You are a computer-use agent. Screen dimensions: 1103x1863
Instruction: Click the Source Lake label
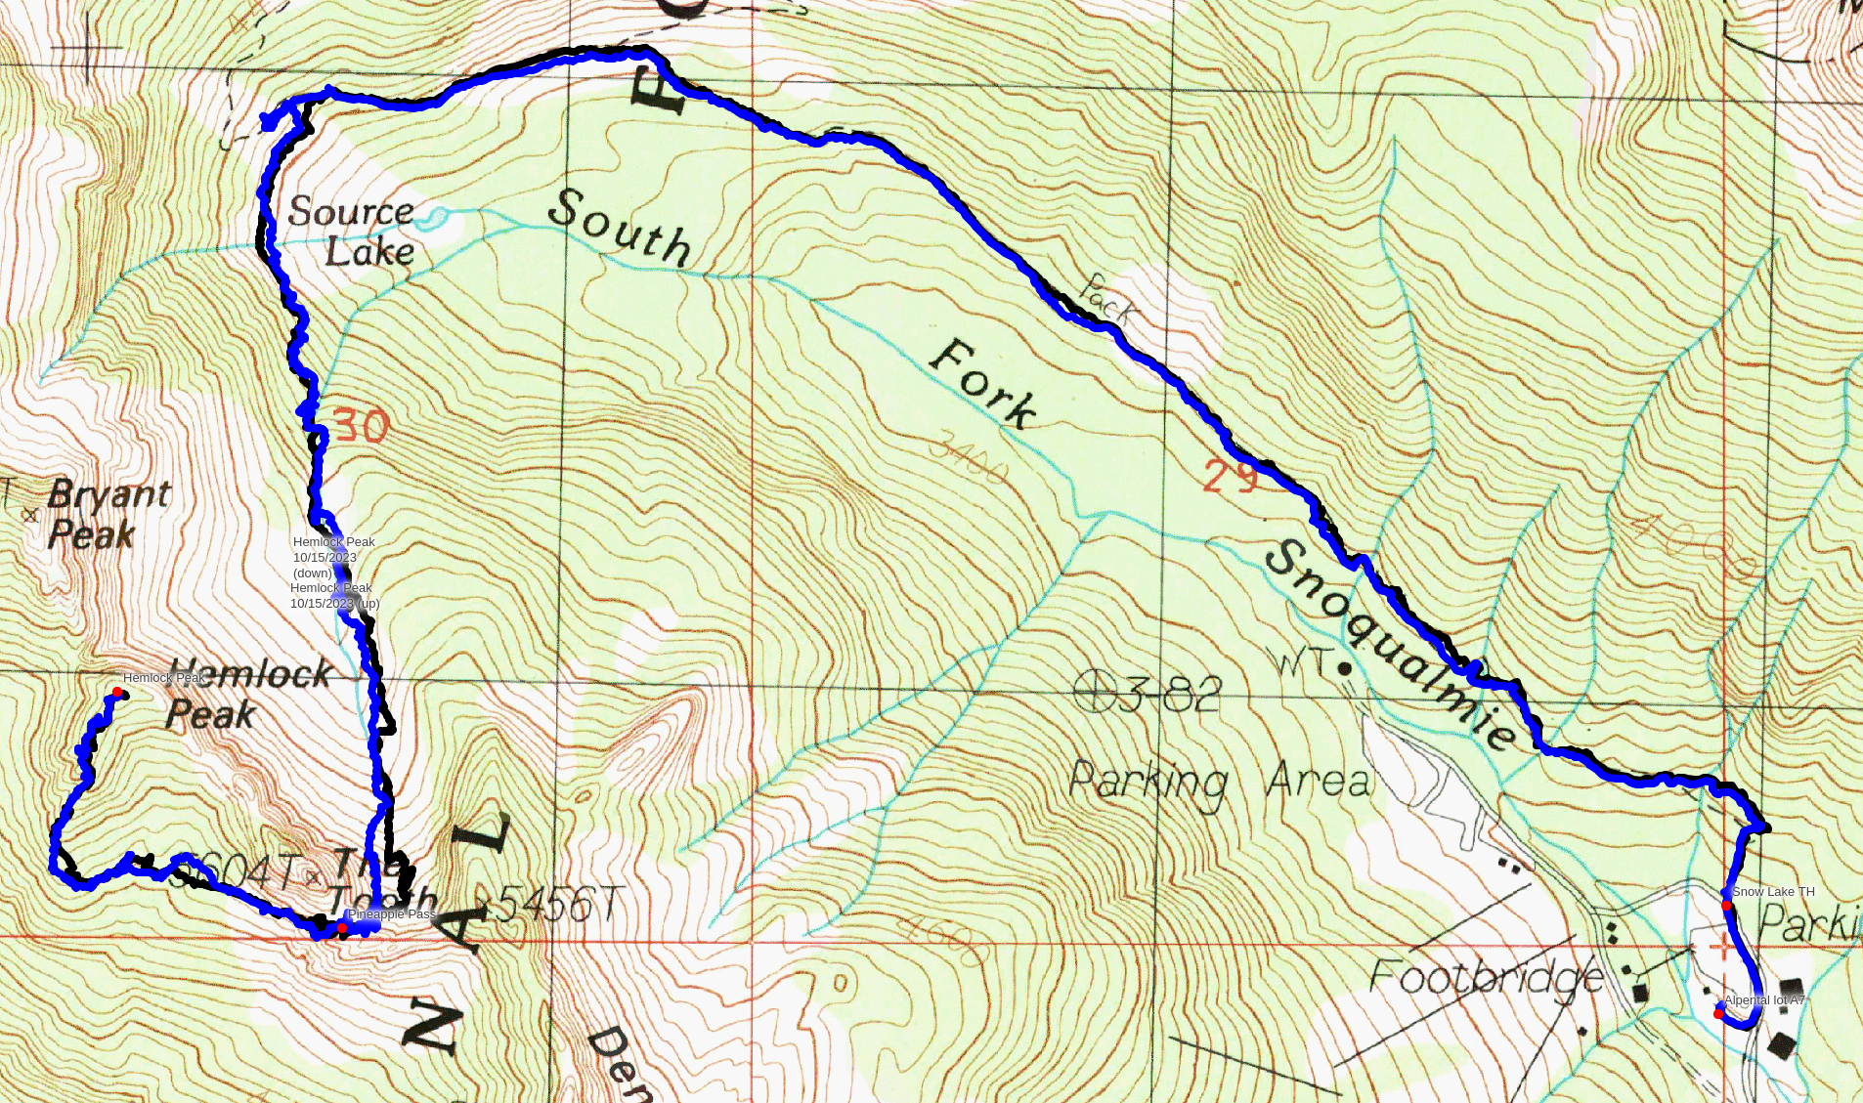click(351, 231)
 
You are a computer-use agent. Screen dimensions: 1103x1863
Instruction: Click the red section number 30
click(361, 426)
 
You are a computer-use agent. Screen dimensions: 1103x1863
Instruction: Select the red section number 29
click(1230, 478)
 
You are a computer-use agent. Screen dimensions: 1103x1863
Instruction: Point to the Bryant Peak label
click(108, 514)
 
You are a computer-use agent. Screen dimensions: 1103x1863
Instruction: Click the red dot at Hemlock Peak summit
click(117, 693)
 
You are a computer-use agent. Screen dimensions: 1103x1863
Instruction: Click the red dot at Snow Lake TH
click(1726, 906)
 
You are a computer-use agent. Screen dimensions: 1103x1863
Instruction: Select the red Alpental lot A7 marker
click(1718, 1014)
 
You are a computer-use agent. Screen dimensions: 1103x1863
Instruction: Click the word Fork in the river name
click(981, 384)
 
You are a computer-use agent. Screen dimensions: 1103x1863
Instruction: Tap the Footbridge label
click(1485, 975)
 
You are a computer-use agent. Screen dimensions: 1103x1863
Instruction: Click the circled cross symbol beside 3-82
click(1094, 692)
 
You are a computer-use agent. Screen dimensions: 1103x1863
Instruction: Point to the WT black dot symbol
click(1345, 669)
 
